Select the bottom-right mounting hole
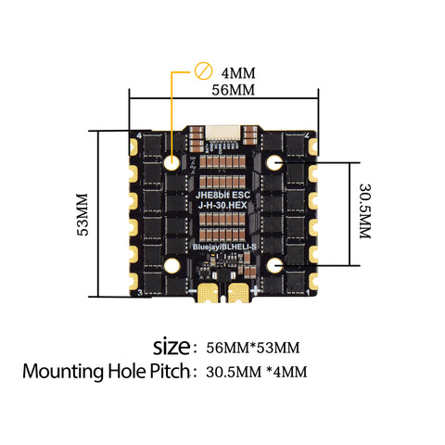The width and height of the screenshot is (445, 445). (273, 266)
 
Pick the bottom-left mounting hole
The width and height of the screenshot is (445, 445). (172, 266)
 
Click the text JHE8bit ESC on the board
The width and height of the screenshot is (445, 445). (222, 195)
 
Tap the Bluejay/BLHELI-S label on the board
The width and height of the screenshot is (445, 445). (222, 249)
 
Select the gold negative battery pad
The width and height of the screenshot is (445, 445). (206, 294)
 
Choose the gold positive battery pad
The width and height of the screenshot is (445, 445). (239, 294)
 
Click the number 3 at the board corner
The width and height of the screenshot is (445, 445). (139, 293)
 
